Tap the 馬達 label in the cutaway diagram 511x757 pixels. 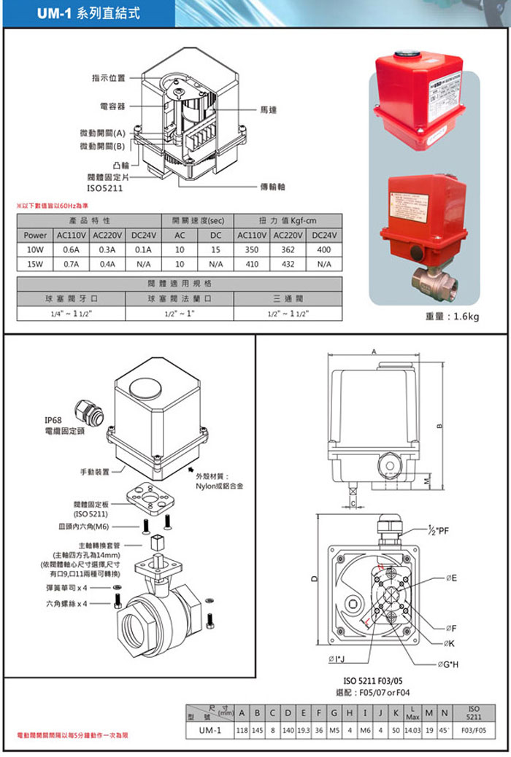pos(267,109)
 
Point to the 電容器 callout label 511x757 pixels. pos(112,106)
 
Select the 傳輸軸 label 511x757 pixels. pos(272,187)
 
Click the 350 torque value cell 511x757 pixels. pos(253,249)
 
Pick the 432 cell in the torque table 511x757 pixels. pos(288,263)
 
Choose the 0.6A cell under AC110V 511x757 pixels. pos(72,249)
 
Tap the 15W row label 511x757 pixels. pos(35,263)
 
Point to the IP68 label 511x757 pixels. pos(55,419)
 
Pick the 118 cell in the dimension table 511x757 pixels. pos(240,731)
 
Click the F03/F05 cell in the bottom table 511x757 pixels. pos(472,731)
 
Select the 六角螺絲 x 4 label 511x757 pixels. pos(66,604)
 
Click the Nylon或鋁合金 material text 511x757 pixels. pos(219,485)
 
